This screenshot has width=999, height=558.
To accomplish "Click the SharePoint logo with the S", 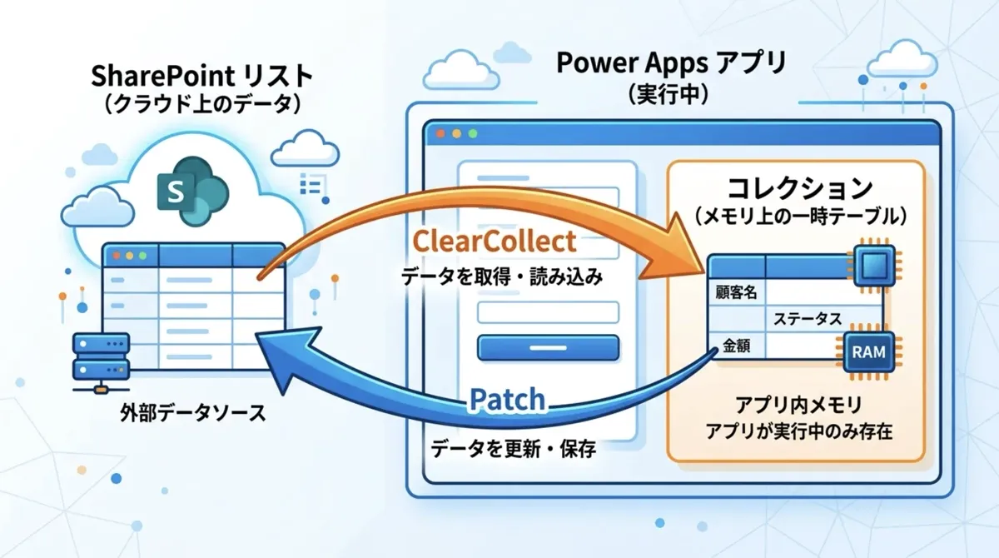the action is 192,191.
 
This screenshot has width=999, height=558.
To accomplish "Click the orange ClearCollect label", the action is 495,242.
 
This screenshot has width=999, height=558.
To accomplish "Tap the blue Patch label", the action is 508,400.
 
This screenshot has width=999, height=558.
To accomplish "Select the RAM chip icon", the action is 868,352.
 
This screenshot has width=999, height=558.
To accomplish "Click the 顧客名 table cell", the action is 736,292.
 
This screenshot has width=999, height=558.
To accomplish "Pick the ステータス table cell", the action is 808,318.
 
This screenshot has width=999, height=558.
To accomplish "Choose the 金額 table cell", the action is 736,346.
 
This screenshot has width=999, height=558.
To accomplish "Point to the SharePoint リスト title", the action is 202,76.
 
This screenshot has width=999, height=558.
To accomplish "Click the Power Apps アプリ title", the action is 671,62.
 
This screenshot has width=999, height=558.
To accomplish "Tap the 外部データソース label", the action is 193,412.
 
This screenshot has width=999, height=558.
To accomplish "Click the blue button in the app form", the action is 548,348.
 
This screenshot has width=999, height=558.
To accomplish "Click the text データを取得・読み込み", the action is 502,277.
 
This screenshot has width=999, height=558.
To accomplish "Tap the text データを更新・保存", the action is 513,448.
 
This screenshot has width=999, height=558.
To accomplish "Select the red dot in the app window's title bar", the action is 440,134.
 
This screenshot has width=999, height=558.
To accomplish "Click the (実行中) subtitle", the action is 668,94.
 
